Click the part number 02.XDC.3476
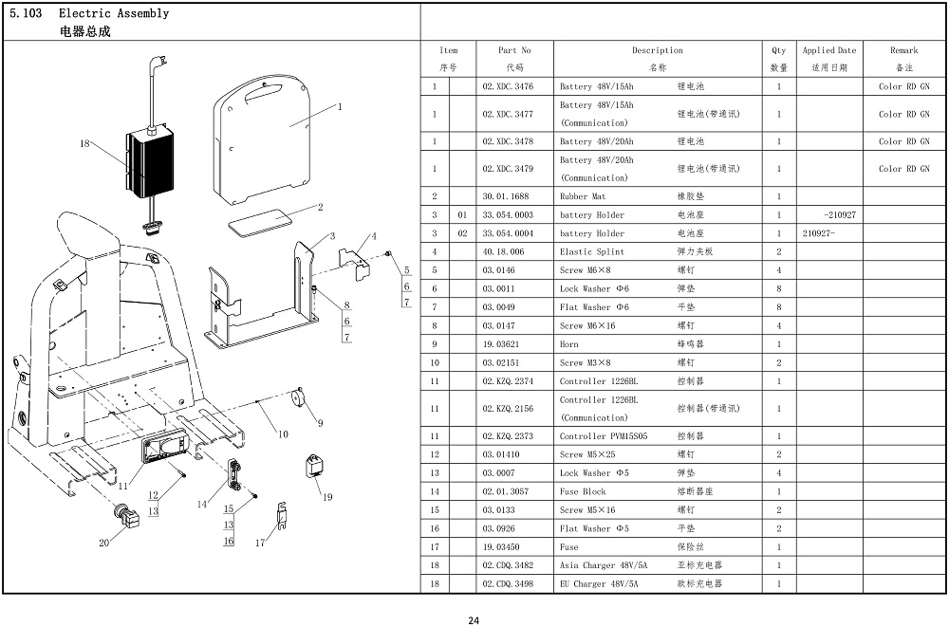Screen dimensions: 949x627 [x=508, y=86]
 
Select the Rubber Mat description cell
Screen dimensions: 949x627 [x=658, y=196]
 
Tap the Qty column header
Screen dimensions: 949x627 [x=779, y=59]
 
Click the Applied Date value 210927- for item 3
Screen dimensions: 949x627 [x=818, y=233]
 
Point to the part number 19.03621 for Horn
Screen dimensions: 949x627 [x=500, y=344]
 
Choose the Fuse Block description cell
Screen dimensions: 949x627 [x=658, y=492]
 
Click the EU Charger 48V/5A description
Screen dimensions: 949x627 [x=599, y=584]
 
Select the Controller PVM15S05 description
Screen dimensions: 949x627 [x=604, y=436]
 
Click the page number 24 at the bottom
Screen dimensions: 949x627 [x=474, y=620]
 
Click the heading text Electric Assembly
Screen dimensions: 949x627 [x=114, y=13]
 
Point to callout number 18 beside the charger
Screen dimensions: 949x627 [x=84, y=143]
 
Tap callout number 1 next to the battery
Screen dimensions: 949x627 [x=340, y=107]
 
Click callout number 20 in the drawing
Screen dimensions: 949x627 [x=104, y=543]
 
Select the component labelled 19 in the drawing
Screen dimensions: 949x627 [x=315, y=466]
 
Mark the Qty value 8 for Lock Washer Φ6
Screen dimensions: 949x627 [x=779, y=288]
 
